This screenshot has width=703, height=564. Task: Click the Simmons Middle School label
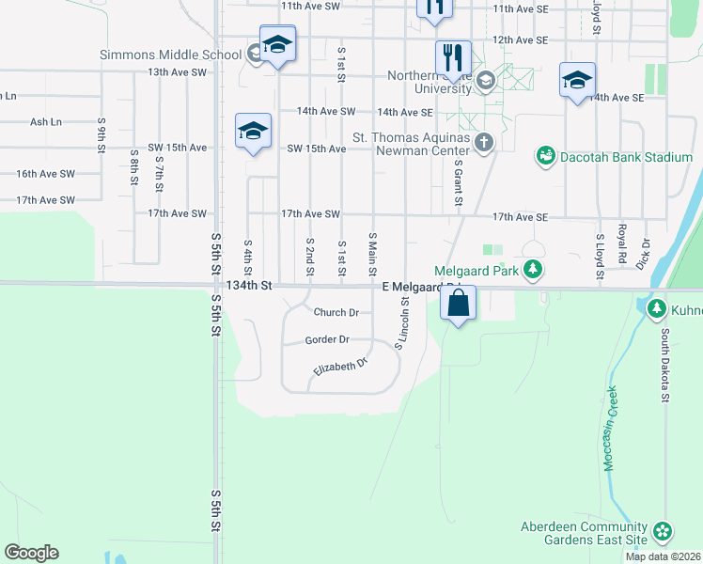pyautogui.click(x=170, y=55)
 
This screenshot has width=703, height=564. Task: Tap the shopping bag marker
pyautogui.click(x=458, y=304)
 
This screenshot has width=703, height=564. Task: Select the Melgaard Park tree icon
pyautogui.click(x=533, y=271)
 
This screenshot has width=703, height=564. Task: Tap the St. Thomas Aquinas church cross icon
pyautogui.click(x=484, y=143)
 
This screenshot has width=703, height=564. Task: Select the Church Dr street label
pyautogui.click(x=336, y=313)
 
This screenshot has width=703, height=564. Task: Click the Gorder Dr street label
pyautogui.click(x=327, y=339)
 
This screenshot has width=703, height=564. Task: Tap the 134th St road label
pyautogui.click(x=248, y=286)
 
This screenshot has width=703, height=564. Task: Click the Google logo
pyautogui.click(x=31, y=553)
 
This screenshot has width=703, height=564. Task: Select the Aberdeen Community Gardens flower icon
pyautogui.click(x=664, y=532)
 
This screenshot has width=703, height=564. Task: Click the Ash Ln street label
pyautogui.click(x=45, y=122)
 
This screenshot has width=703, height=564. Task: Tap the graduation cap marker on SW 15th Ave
pyautogui.click(x=253, y=131)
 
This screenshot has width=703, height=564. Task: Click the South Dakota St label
pyautogui.click(x=663, y=365)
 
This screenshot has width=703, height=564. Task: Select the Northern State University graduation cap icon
pyautogui.click(x=485, y=79)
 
